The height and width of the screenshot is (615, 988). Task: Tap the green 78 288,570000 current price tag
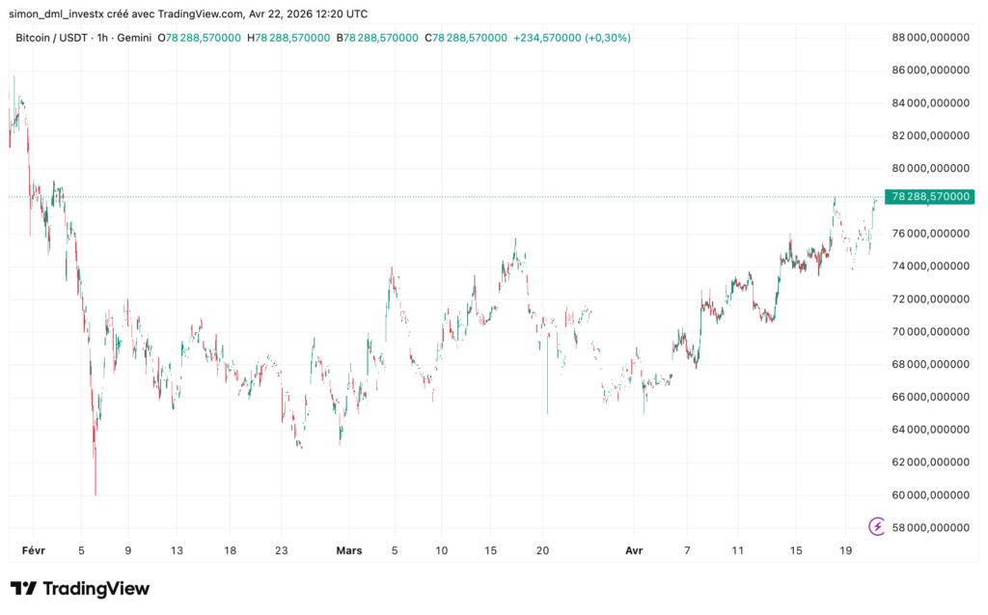coord(929,196)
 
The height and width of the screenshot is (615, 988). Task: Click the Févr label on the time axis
coord(34,550)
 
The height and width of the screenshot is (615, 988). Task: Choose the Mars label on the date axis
coord(349,550)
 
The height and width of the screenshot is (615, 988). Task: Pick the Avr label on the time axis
coord(634,550)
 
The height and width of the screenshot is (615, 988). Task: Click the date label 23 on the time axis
coord(282,550)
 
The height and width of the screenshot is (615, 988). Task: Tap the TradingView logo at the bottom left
coord(80,588)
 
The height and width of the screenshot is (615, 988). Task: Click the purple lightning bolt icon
coord(877,526)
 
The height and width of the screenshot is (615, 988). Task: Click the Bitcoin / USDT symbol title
coord(50,38)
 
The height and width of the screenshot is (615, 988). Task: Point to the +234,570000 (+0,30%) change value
coord(573,38)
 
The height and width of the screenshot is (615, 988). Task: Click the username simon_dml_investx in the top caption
coord(62,13)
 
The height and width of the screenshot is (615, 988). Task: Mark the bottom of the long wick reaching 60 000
coord(96,493)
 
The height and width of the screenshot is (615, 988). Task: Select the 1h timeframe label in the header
coord(101,38)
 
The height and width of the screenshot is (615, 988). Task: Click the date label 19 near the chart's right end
coord(845,550)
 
